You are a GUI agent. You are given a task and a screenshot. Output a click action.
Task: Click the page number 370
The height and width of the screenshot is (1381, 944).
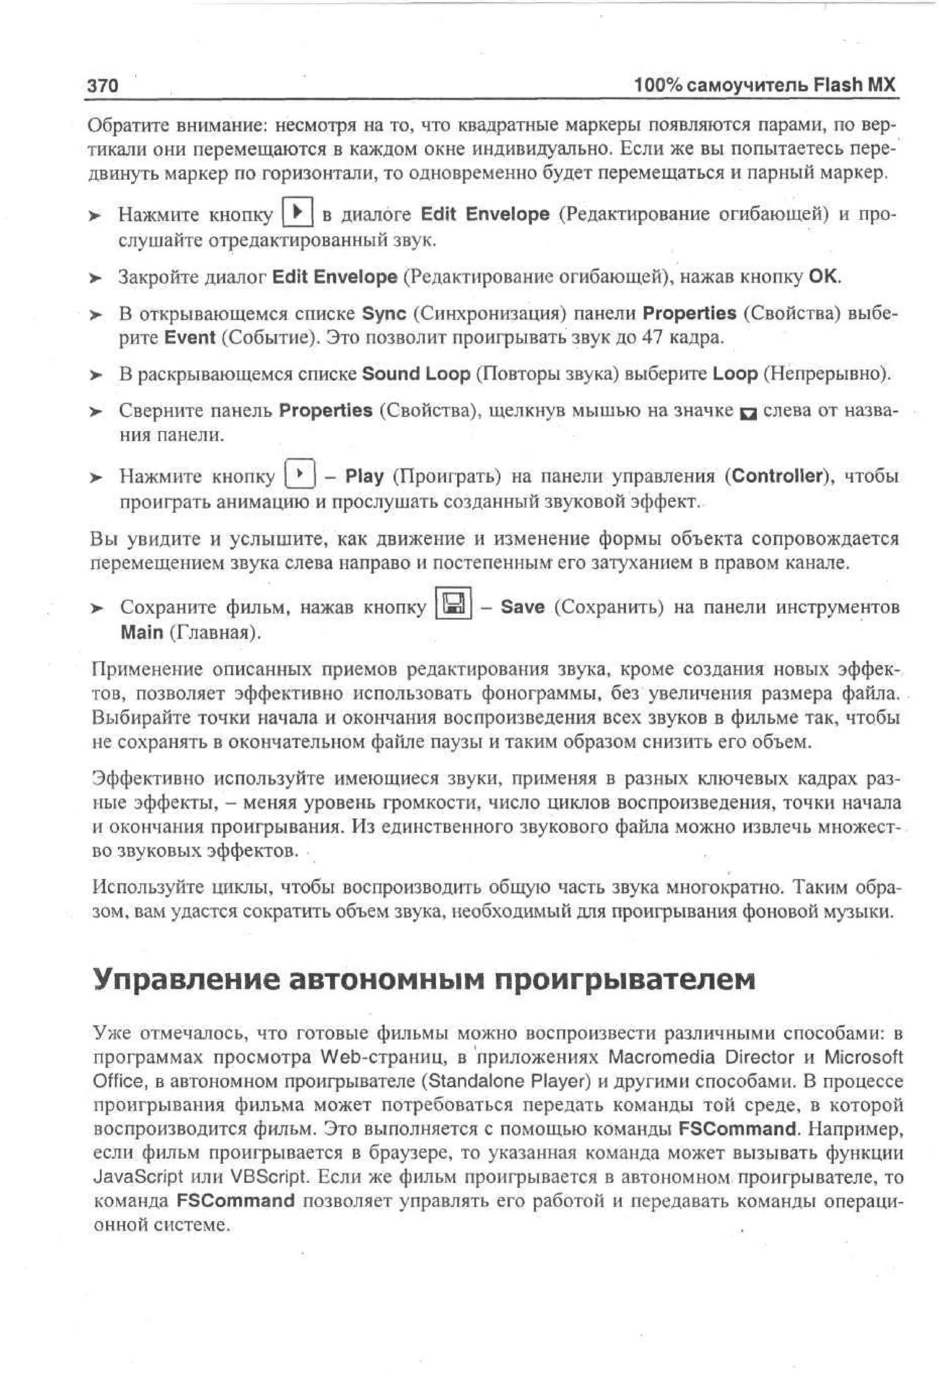click(103, 86)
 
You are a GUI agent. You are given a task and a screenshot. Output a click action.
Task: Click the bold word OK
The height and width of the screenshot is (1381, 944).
click(823, 276)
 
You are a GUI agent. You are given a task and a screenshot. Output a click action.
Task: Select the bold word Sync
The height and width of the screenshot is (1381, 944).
click(384, 313)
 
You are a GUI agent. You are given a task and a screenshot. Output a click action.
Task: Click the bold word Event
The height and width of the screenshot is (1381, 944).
click(189, 337)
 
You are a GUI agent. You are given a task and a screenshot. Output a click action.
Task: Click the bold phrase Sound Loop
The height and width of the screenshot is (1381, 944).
click(415, 374)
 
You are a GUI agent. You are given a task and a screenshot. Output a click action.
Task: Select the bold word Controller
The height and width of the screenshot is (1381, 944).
click(776, 476)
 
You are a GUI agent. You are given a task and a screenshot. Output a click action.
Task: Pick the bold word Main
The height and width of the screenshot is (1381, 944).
click(142, 632)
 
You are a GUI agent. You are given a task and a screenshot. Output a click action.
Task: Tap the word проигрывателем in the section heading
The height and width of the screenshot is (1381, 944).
click(624, 979)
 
